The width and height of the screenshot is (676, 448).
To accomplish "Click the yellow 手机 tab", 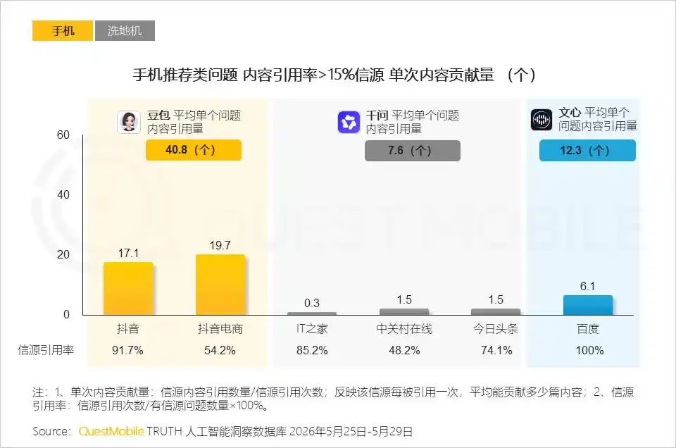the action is [x=63, y=30].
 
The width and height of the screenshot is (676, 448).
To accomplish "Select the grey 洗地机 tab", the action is [x=125, y=30].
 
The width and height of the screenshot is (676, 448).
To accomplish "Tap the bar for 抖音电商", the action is [x=220, y=285].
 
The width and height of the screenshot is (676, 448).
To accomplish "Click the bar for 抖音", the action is [x=128, y=289].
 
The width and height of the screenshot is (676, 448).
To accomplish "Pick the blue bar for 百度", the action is [x=587, y=305].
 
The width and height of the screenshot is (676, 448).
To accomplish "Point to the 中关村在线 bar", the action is [x=404, y=312].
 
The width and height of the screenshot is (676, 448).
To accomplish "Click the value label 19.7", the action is [x=220, y=245].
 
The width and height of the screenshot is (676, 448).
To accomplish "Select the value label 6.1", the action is [x=587, y=286].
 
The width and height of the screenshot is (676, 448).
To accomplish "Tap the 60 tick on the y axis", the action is [x=63, y=135].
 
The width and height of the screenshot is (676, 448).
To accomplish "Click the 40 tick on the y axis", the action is [x=63, y=194].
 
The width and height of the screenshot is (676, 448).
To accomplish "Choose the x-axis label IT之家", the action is [x=312, y=329].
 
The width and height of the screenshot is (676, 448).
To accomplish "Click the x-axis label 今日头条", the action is [x=496, y=329].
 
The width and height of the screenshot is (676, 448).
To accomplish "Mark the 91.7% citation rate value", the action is [x=127, y=350].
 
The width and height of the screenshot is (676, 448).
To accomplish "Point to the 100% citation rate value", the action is [x=589, y=350].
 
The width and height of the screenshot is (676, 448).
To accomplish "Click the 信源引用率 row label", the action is [x=46, y=350].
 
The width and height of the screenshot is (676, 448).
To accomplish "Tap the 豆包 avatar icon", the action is [x=128, y=122].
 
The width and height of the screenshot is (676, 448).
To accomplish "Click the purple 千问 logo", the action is [x=349, y=122].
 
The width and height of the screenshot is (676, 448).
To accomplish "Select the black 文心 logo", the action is [x=541, y=120].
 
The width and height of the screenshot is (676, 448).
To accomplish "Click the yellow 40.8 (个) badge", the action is [x=194, y=150].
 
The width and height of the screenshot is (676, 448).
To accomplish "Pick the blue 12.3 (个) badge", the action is [x=587, y=151].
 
